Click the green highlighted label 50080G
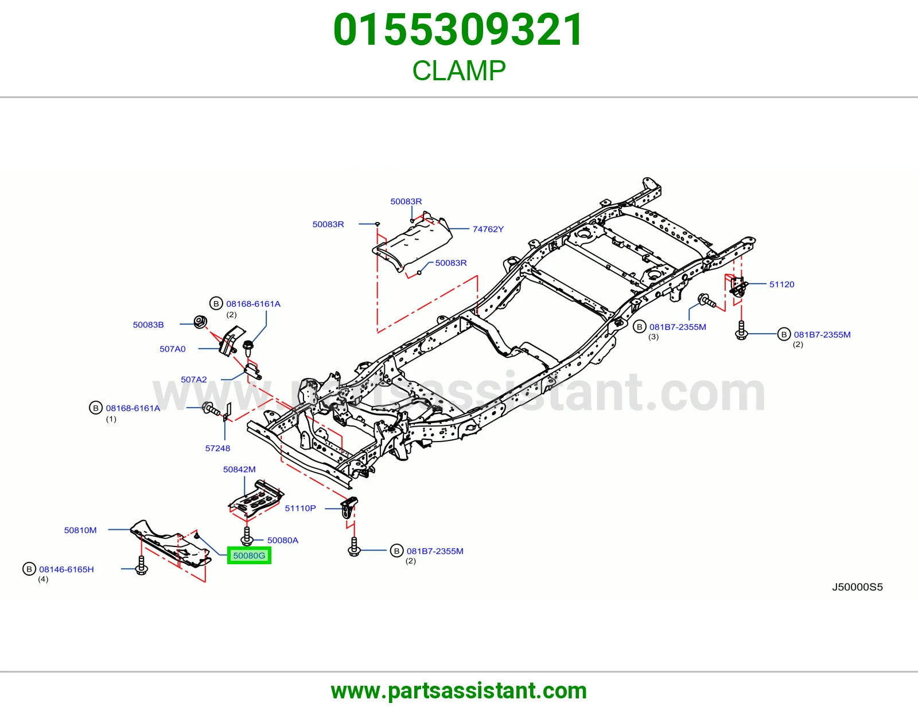pos(249,555)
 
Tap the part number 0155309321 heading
pos(458,30)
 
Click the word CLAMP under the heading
pos(459,71)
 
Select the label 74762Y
pos(488,229)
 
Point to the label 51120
pos(781,284)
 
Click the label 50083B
pos(148,325)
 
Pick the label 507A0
pos(172,349)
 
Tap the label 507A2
pos(194,380)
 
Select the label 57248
pos(217,448)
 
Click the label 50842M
pos(239,470)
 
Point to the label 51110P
pos(301,509)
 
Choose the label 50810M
pos(80,530)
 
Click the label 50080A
pos(283,541)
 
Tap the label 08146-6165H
pos(67,569)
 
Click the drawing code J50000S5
pos(857,587)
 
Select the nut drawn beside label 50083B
pos(200,322)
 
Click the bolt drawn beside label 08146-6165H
pos(142,566)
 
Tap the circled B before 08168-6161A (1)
pos(96,408)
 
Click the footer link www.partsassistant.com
pos(459,691)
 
